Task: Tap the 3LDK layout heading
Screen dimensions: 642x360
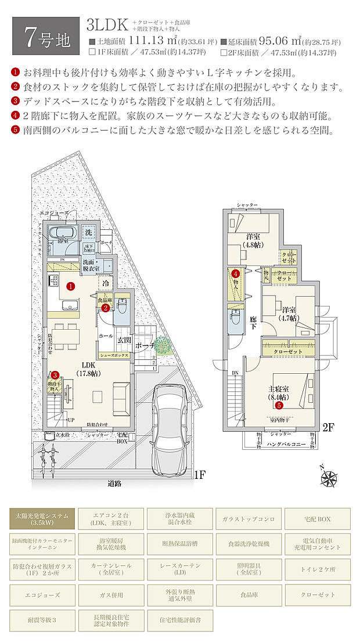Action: point(106,24)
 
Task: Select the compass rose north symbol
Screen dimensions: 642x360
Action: point(329,478)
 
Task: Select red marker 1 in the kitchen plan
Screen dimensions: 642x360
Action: point(70,286)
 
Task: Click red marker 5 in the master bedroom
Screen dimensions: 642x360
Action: point(279,405)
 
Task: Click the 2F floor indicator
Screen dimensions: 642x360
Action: point(329,428)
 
